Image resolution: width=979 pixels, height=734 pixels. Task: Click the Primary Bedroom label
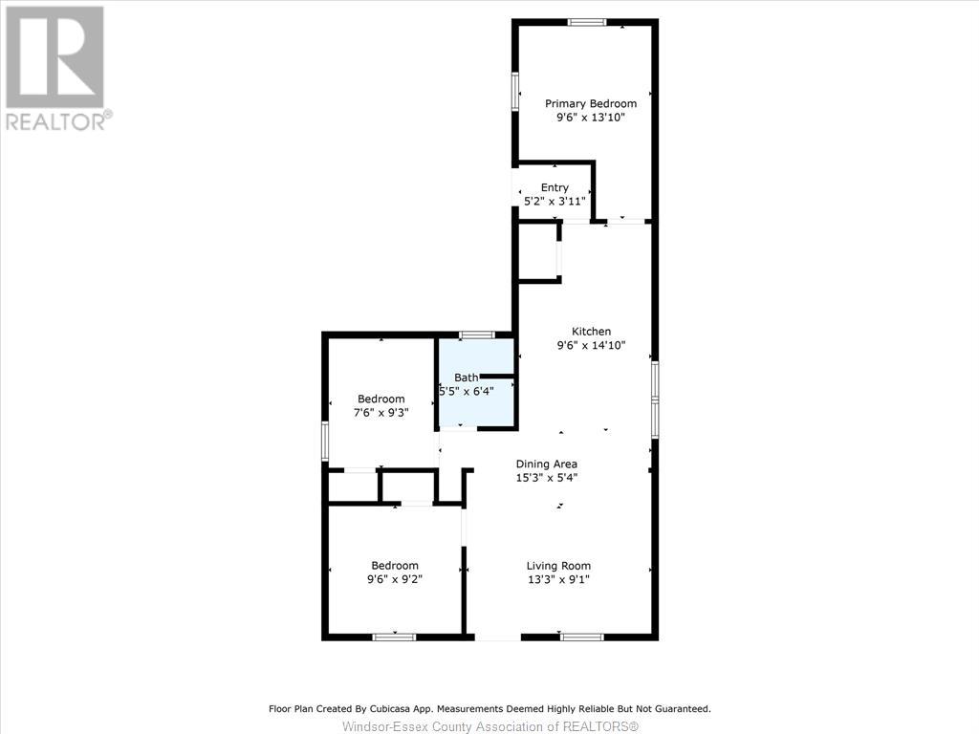[x=590, y=103]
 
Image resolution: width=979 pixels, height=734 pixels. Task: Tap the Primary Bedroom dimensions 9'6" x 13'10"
[x=590, y=118]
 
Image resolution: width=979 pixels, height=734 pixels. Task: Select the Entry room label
[x=555, y=187]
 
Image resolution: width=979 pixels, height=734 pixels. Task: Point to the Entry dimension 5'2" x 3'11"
[x=555, y=202]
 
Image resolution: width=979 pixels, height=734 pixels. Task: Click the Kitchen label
[x=591, y=332]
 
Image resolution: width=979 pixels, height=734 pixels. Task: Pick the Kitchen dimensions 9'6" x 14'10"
[x=591, y=346]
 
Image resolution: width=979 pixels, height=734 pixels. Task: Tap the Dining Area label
[x=546, y=464]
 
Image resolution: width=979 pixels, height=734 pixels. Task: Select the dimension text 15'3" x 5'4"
[x=546, y=478]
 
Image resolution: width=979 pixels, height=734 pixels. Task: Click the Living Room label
[x=558, y=565]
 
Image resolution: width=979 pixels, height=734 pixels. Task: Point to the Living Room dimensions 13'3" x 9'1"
[x=558, y=579]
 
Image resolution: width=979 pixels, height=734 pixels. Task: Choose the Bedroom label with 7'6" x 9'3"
[x=381, y=399]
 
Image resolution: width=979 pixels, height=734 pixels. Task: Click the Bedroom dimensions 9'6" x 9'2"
[x=395, y=579]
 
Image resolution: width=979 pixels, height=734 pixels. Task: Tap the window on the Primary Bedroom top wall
[x=587, y=22]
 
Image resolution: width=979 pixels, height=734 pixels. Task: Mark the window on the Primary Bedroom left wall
[x=515, y=92]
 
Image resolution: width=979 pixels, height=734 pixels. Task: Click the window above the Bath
[x=476, y=335]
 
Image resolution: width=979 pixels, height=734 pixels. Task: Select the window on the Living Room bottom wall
[x=581, y=637]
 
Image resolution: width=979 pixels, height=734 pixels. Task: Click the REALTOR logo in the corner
[x=55, y=67]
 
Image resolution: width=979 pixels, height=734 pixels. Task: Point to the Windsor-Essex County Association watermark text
[x=489, y=726]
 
